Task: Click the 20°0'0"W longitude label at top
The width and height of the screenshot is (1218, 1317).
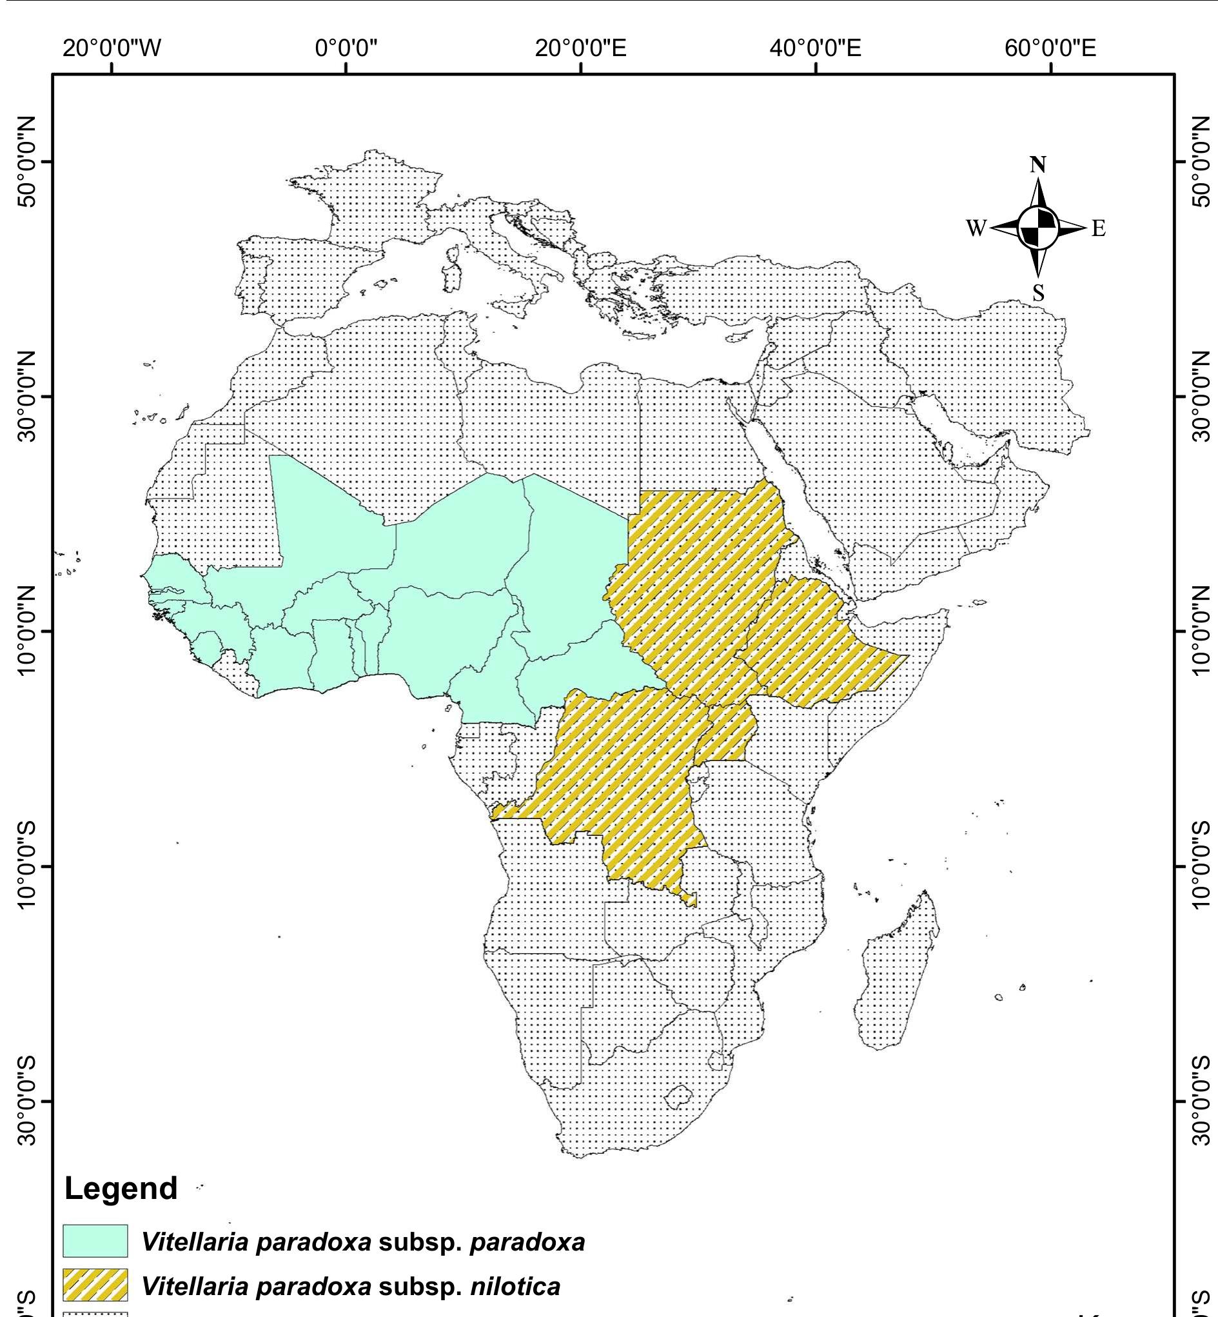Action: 112,48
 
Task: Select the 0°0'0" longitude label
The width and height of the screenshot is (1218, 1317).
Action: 346,48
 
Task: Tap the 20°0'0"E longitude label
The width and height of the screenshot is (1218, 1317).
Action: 581,48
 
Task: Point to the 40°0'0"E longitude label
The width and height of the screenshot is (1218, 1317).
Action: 815,48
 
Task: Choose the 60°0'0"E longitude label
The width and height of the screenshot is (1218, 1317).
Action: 1050,48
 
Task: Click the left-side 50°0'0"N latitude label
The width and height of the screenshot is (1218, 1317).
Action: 27,161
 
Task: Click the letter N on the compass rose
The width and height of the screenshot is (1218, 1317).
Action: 1038,165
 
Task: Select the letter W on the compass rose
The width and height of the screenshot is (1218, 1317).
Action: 976,228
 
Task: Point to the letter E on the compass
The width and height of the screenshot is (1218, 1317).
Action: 1098,229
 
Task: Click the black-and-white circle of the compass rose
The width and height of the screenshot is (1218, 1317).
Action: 1038,228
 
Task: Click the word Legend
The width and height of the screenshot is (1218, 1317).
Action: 121,1188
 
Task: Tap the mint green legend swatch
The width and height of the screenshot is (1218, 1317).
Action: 95,1240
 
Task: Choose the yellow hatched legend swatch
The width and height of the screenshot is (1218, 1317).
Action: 95,1286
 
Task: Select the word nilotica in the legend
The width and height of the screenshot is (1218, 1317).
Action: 515,1286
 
